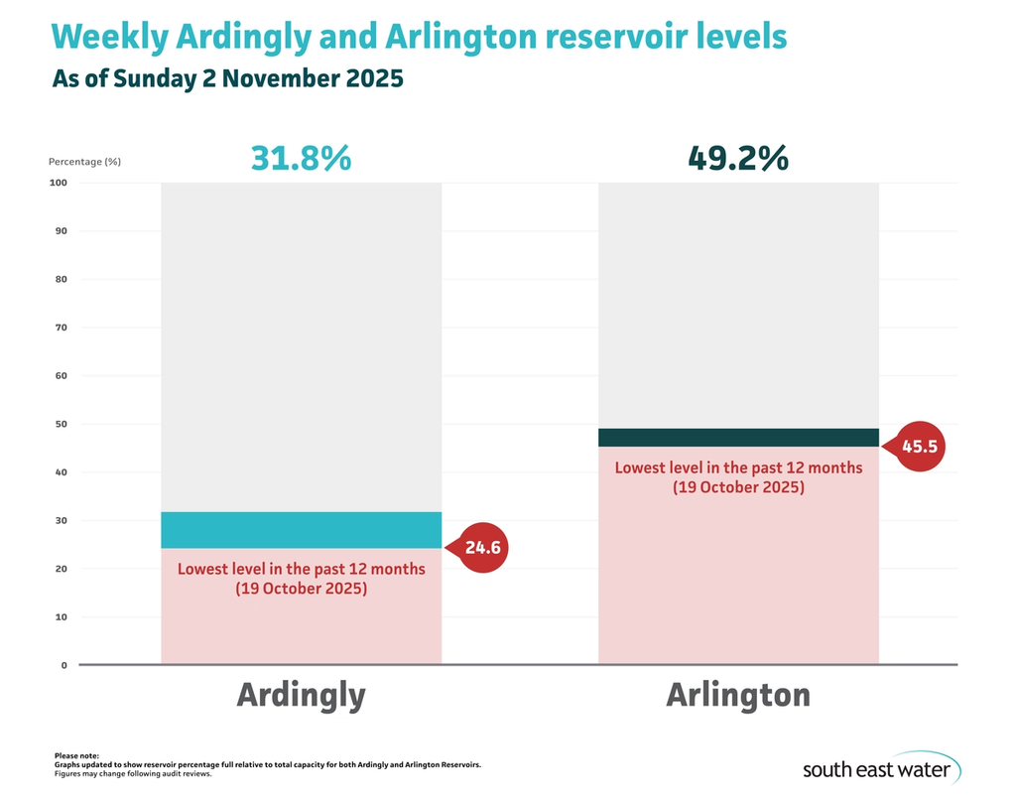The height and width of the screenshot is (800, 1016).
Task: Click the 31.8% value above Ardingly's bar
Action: point(301,158)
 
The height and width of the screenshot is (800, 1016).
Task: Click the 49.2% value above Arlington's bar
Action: point(738,158)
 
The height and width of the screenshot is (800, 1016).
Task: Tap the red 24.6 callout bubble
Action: point(485,547)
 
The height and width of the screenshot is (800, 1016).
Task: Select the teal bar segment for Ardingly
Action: point(301,530)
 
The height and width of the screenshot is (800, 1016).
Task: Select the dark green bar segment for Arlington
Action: point(738,438)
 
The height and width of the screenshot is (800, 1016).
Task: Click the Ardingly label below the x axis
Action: point(301,695)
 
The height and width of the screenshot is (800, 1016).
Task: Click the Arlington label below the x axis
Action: point(738,695)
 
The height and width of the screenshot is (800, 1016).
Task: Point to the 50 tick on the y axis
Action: point(60,424)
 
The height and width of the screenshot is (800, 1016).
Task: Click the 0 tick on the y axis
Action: point(63,665)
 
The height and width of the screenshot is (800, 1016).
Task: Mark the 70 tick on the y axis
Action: point(60,328)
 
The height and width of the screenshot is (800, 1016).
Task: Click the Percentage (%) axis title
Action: point(84,161)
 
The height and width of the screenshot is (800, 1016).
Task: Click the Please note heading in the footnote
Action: point(76,756)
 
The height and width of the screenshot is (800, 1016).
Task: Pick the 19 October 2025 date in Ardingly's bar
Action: point(301,589)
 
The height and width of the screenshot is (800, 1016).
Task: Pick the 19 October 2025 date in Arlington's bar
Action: point(738,487)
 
